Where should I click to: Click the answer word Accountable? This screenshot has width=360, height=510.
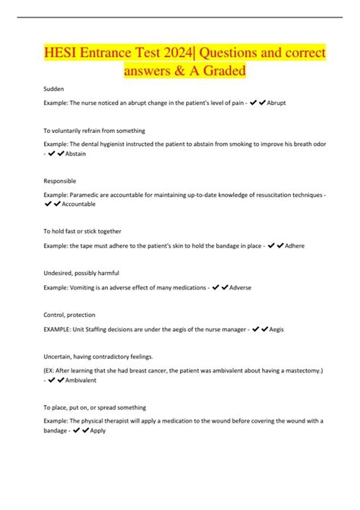click(x=84, y=205)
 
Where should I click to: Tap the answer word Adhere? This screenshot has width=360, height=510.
click(x=295, y=247)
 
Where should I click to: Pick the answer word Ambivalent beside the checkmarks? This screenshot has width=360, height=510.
click(x=84, y=381)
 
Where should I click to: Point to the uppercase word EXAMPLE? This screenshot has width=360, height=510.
click(x=59, y=329)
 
